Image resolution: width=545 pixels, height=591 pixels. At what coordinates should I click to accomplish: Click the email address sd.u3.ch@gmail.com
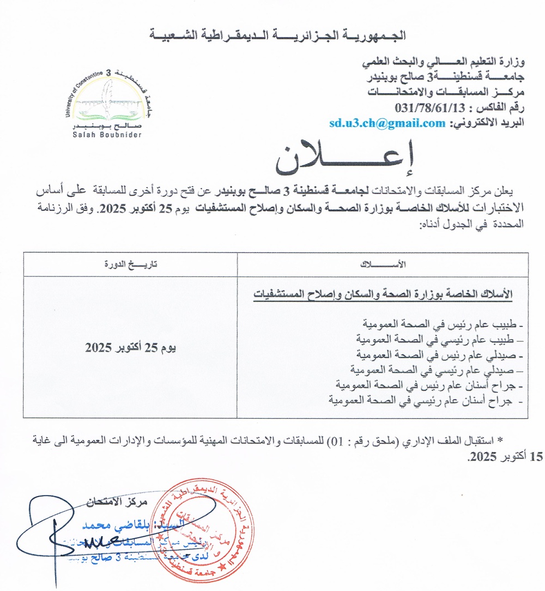tap(387, 123)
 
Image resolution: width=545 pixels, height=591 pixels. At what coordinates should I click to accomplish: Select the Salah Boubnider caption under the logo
tap(106, 134)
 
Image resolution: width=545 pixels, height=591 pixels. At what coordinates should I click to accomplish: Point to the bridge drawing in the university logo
tap(106, 104)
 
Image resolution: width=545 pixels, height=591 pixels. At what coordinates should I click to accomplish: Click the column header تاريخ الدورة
tap(130, 264)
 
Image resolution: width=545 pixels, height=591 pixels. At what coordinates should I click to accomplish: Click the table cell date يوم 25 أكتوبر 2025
tap(130, 347)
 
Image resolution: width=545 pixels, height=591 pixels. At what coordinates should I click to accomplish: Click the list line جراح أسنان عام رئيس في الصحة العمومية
tap(426, 387)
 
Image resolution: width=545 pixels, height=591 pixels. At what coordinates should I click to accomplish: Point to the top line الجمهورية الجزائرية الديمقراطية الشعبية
tap(277, 37)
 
